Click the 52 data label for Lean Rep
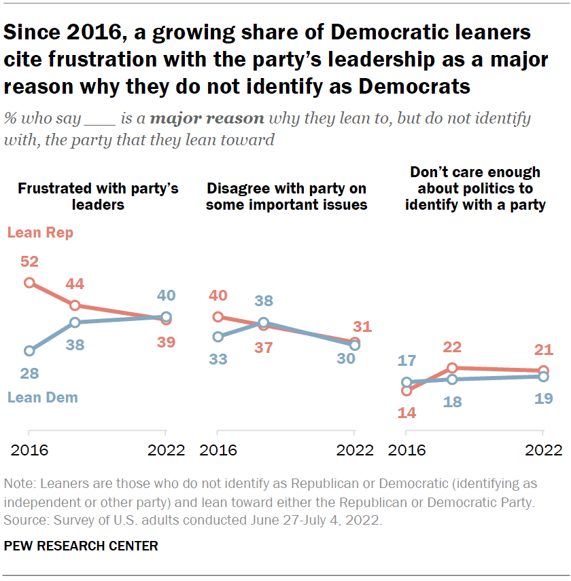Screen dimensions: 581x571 coord(29,261)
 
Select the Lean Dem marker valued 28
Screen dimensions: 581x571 coord(29,351)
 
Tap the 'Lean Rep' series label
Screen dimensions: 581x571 coord(40,233)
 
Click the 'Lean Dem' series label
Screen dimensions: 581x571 coord(42,398)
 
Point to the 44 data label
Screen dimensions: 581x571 coord(75,284)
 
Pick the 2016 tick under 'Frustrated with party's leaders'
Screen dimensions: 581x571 coord(29,449)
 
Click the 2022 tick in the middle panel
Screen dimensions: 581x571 coord(354,449)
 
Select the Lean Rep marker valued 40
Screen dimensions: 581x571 coord(218,316)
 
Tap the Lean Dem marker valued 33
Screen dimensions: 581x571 coord(218,337)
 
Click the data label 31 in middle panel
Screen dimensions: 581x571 coord(362,326)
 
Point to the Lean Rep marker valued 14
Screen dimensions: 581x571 coord(406,390)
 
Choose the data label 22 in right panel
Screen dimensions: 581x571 coord(452,348)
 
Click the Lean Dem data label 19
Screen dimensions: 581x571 coord(543,398)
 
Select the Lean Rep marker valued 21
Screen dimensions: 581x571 coord(543,371)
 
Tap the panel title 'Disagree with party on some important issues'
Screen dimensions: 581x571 coord(286,196)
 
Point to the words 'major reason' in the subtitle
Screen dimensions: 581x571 coord(207,119)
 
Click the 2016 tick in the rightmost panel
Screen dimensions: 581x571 coord(406,449)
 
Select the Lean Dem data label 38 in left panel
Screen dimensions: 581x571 coord(75,345)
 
